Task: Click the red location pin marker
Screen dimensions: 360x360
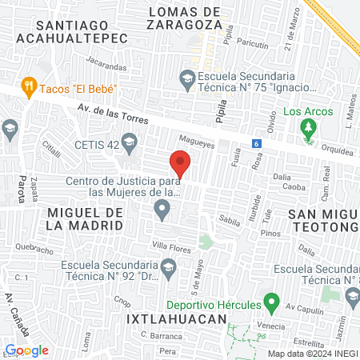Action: [180, 164]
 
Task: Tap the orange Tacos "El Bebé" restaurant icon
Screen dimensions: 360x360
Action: [30, 86]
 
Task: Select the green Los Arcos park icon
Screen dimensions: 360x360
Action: [308, 127]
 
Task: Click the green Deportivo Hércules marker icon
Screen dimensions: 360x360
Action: [271, 304]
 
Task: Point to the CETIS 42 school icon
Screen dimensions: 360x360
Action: [129, 145]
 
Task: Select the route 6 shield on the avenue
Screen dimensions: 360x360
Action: [256, 143]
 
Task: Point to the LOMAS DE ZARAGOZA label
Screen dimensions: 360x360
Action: [184, 18]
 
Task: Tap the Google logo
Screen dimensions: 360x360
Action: [26, 350]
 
